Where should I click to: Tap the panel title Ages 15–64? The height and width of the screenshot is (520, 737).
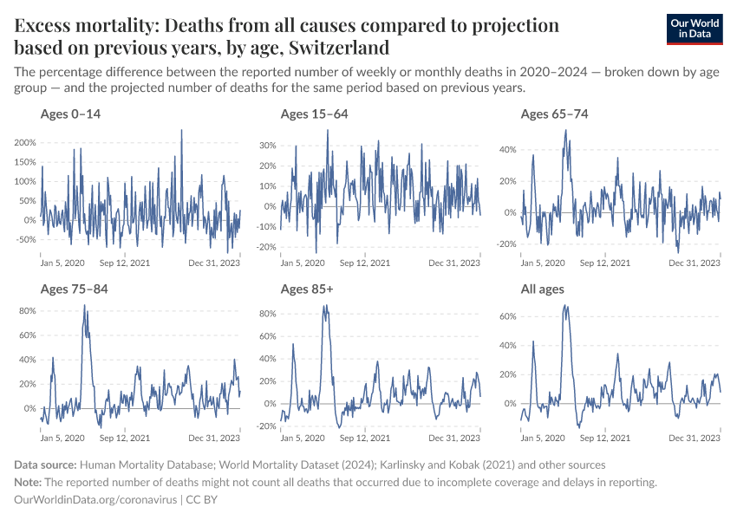[x=314, y=114]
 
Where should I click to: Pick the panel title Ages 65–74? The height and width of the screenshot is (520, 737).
[x=554, y=114]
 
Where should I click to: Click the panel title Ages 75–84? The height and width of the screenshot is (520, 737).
[x=74, y=289]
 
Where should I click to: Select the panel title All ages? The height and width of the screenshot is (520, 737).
[x=542, y=289]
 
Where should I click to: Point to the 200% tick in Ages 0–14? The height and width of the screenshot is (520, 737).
[x=23, y=143]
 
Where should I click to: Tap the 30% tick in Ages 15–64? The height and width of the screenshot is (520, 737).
[x=265, y=145]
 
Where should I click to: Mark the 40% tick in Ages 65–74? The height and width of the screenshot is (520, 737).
[x=505, y=150]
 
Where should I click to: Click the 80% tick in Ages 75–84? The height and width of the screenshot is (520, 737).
[x=25, y=310]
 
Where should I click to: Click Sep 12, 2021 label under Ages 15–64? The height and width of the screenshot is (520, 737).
[x=364, y=263]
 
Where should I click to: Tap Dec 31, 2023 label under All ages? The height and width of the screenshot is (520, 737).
[x=695, y=438]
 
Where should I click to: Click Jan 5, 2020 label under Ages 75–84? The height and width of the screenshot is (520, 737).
[x=62, y=438]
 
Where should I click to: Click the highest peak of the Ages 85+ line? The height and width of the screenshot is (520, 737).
[x=325, y=305]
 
